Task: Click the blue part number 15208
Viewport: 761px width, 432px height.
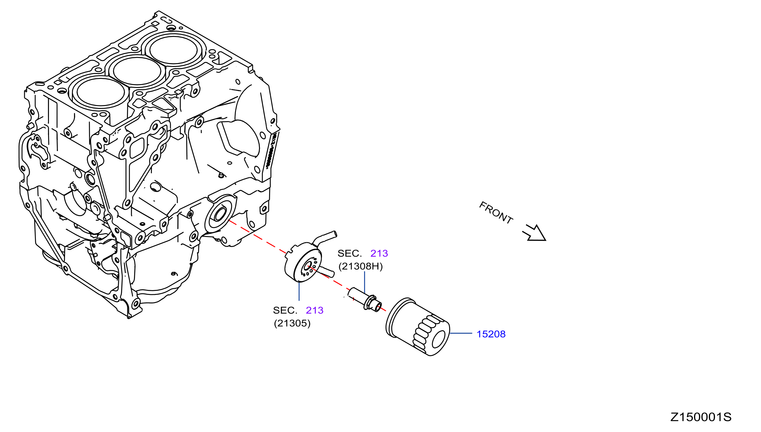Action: point(491,334)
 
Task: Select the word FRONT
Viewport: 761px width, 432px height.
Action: point(496,213)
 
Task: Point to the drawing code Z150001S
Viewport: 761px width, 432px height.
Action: point(701,417)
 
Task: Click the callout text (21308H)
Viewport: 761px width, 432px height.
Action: point(360,266)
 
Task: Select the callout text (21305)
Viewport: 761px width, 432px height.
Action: point(292,323)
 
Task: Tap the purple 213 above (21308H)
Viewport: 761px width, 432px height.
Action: point(379,253)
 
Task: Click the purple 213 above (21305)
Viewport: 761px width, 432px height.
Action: point(314,310)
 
